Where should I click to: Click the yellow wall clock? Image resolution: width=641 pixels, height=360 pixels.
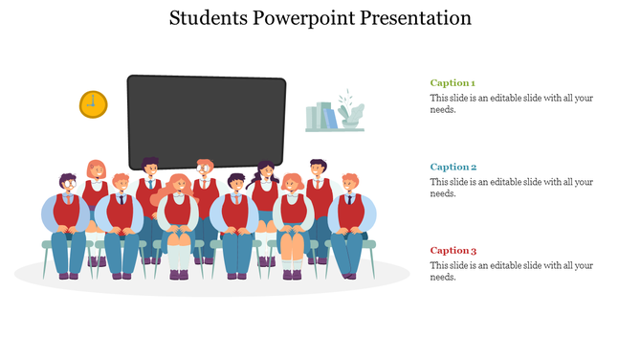tap(93, 104)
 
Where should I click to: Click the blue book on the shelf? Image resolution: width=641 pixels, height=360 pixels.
tap(330, 118)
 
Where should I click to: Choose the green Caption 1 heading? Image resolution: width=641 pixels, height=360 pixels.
tap(453, 83)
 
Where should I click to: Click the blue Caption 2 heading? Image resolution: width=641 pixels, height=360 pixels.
tap(453, 167)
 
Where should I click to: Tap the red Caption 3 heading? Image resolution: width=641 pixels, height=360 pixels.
tap(453, 250)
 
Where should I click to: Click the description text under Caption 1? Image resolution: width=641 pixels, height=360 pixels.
tap(512, 103)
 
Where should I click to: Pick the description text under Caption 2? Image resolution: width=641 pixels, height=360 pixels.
tap(512, 187)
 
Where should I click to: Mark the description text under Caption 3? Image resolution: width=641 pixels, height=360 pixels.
tap(512, 271)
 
